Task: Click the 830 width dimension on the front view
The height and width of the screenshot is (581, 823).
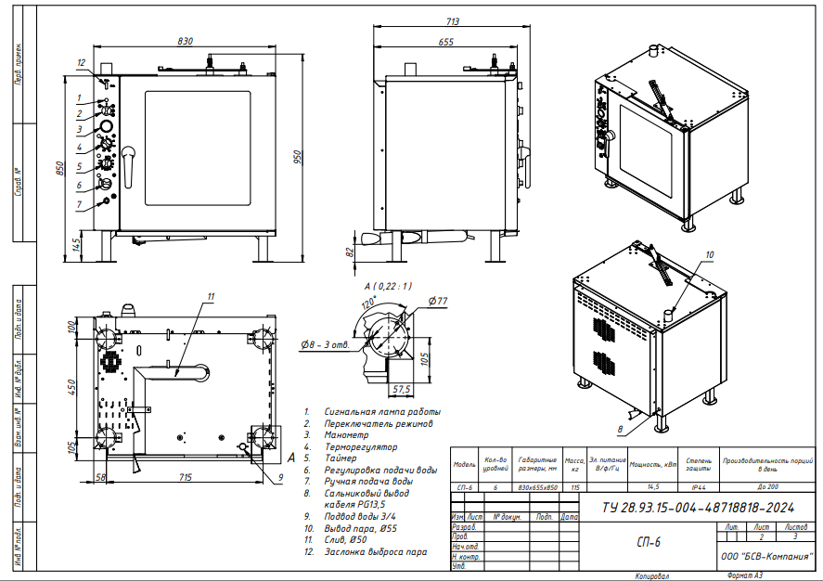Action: click(x=186, y=41)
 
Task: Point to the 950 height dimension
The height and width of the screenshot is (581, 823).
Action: click(x=299, y=158)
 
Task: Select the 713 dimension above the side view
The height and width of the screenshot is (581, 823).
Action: click(x=454, y=22)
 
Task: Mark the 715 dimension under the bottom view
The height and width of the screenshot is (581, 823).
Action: click(x=180, y=477)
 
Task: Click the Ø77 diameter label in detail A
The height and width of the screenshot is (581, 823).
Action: click(x=438, y=301)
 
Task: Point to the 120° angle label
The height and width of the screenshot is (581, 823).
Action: click(x=367, y=303)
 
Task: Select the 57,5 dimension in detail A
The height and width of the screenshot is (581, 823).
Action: click(x=402, y=388)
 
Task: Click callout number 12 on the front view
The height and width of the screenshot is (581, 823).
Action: click(x=82, y=63)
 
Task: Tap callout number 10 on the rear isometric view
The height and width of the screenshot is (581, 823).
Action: click(x=710, y=254)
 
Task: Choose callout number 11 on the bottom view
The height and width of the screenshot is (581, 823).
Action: click(x=211, y=296)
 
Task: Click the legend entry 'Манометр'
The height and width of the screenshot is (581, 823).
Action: click(x=346, y=434)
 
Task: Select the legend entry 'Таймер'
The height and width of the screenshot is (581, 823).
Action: click(x=340, y=458)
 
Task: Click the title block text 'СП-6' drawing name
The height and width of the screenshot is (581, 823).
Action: click(x=649, y=541)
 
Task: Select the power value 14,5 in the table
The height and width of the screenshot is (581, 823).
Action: click(x=654, y=486)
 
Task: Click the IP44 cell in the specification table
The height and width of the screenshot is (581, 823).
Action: click(x=698, y=486)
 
